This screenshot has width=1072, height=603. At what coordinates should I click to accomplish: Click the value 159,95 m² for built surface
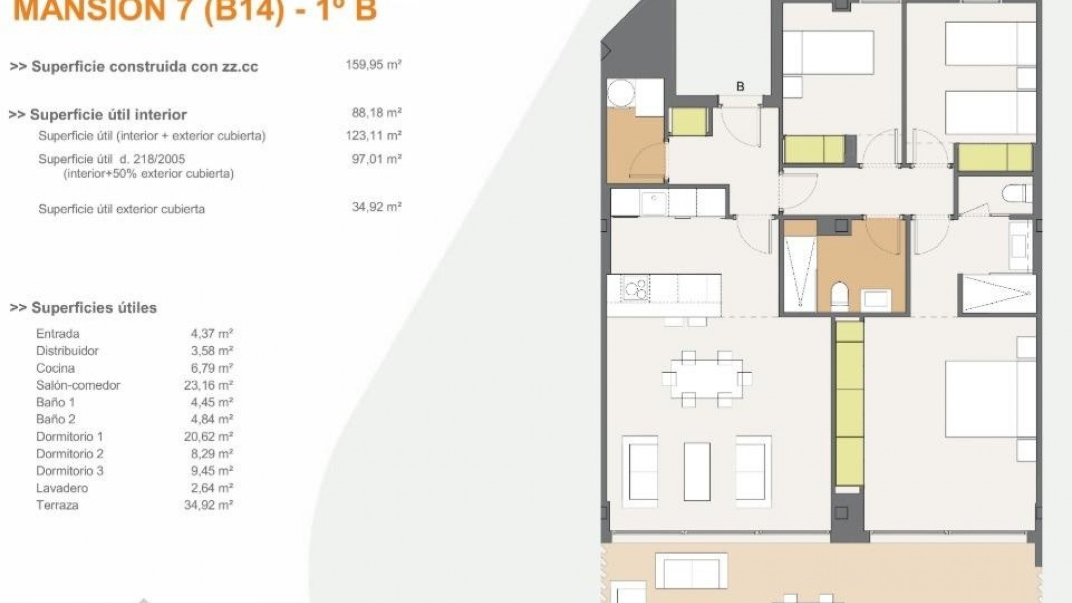pos(374,65)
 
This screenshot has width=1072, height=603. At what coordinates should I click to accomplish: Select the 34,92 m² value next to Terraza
pos(208,505)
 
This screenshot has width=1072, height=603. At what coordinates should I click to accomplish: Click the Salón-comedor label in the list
pos(78,385)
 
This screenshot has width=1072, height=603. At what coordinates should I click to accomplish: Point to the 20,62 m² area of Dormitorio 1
pos(208,437)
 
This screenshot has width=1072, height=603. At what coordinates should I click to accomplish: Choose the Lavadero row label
pos(62,488)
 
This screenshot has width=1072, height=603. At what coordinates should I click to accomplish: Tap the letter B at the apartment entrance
pos(740,87)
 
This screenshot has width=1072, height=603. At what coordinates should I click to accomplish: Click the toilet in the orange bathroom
pos(839,296)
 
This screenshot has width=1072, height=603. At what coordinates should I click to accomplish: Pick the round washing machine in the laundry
pos(621,93)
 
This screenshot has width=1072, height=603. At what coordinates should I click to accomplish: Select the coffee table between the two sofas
pos(697,471)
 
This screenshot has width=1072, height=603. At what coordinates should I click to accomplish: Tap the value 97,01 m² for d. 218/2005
pos(376,159)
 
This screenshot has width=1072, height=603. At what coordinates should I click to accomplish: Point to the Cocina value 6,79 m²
pos(212,368)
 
